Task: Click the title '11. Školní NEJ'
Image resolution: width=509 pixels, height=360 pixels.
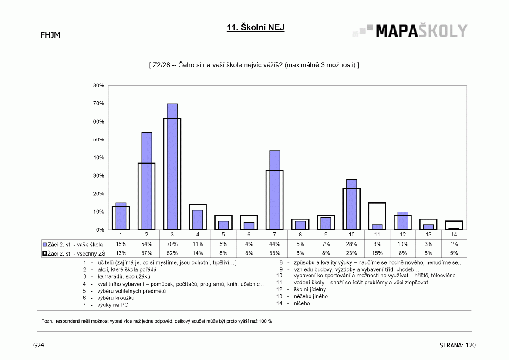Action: point(256,27)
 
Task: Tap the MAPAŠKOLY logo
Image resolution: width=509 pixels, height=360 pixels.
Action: point(410,31)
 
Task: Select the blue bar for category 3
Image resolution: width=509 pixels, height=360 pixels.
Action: point(172,167)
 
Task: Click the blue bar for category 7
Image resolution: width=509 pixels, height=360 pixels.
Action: point(275,190)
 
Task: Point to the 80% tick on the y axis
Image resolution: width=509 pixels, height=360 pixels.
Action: point(99,86)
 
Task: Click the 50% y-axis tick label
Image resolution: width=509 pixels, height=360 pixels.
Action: point(99,140)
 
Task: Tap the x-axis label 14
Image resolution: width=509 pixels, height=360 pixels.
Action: point(454,234)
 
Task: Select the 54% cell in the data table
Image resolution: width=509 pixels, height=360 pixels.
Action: point(146,244)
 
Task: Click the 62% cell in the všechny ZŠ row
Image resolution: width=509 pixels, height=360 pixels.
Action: point(172,253)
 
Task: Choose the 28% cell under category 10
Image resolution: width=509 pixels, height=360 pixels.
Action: point(351,244)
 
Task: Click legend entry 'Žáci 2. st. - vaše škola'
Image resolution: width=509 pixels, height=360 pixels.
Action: point(73,245)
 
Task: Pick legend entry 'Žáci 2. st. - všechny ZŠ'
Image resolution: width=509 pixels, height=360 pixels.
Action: point(74,253)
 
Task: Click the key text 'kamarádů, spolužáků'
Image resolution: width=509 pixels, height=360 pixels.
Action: point(124,276)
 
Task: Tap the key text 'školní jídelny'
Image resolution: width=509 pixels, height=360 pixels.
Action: point(310,289)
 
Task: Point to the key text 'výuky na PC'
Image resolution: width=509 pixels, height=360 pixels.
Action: point(113,305)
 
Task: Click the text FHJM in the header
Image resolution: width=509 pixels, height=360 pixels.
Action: point(51,35)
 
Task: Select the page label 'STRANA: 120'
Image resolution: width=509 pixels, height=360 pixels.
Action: point(457,345)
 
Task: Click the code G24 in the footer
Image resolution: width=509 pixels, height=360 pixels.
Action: point(39,345)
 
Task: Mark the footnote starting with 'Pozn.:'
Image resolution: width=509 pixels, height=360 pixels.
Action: point(157,321)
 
